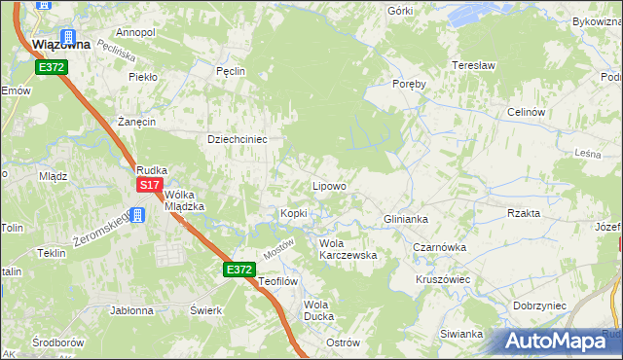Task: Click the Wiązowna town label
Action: point(61,44)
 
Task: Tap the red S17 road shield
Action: point(149,185)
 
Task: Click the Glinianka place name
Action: point(406,219)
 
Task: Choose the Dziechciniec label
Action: point(238,139)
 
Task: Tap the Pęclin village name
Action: point(230,71)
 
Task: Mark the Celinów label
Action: point(525,112)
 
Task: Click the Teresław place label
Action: point(474,65)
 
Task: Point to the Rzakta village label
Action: point(524,213)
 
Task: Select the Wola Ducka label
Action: point(318,310)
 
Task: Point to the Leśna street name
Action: point(586,154)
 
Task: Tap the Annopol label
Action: point(135,32)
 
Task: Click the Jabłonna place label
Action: point(132,311)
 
